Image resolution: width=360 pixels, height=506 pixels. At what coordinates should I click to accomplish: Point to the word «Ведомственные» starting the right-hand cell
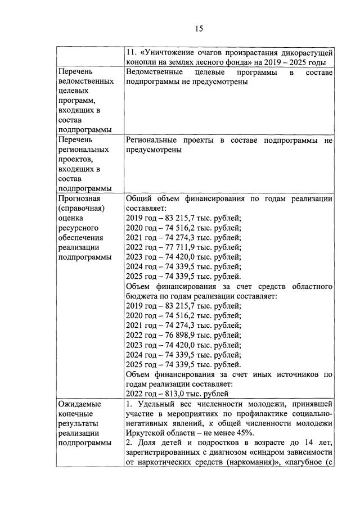pyautogui.click(x=154, y=73)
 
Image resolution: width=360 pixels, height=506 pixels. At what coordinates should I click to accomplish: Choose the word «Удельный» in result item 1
pyautogui.click(x=157, y=404)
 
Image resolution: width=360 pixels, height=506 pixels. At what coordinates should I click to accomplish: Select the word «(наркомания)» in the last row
pyautogui.click(x=248, y=463)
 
